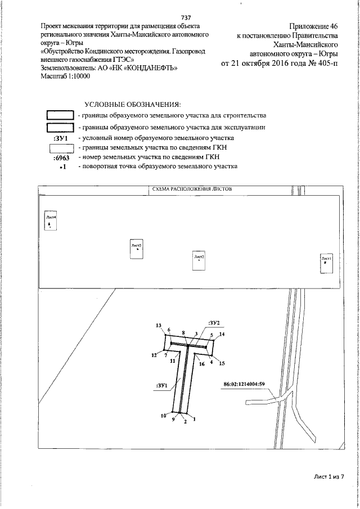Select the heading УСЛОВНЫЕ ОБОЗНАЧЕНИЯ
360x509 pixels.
tap(132, 105)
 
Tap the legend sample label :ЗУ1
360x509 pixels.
tap(60, 138)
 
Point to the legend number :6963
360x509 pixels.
tap(60, 157)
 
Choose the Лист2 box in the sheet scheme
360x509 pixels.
tap(199, 260)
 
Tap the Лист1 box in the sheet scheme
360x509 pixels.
tap(326, 261)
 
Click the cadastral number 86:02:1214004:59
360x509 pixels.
tap(244, 385)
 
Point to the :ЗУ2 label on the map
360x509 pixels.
tap(213, 322)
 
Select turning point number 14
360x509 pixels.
tap(222, 335)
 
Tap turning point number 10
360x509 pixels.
tap(164, 416)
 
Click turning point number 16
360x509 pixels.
tap(201, 364)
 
